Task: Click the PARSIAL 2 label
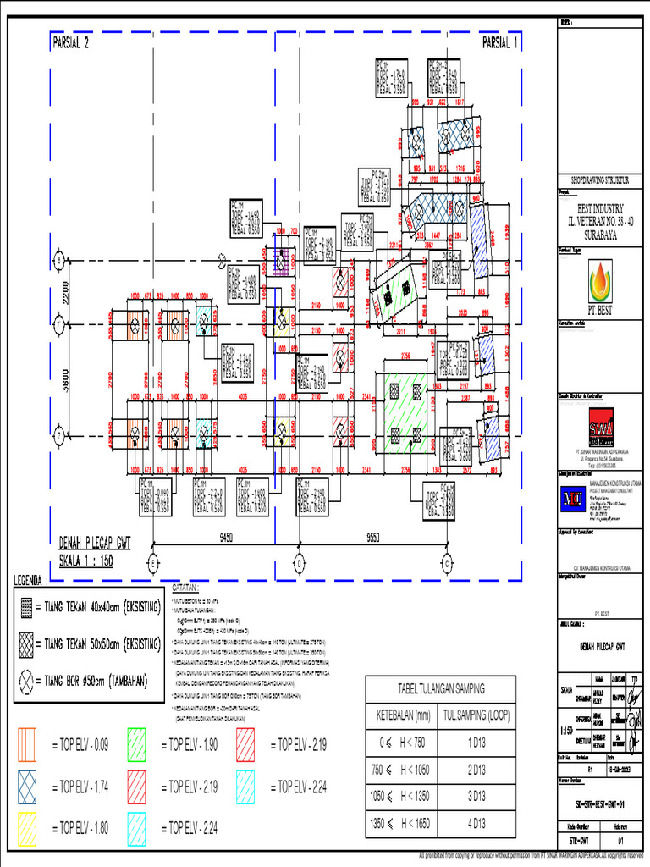point(71,43)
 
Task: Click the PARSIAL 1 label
point(499,43)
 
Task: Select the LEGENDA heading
point(32,581)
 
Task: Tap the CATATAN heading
point(185,586)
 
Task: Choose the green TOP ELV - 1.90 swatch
point(140,745)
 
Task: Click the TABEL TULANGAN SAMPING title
point(437,688)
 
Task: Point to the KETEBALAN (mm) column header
point(400,715)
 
